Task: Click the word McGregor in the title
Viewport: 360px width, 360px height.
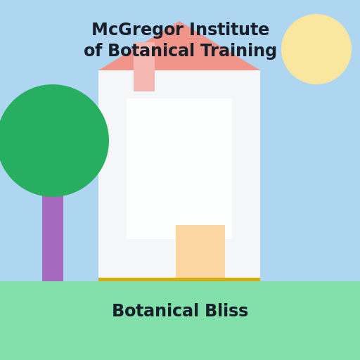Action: [x=138, y=30]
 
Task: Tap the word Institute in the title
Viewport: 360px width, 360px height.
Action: [x=229, y=30]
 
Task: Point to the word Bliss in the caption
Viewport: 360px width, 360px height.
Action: [x=226, y=311]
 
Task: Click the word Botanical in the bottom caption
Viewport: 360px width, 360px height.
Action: [x=155, y=311]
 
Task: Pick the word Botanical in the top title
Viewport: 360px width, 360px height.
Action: [x=151, y=51]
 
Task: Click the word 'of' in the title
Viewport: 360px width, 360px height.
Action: [x=93, y=51]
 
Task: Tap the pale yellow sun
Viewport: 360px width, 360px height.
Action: [x=316, y=49]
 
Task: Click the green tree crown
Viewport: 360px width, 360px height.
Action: [x=53, y=141]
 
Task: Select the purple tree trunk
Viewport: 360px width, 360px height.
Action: [x=53, y=238]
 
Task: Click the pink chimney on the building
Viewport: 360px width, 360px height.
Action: [x=144, y=67]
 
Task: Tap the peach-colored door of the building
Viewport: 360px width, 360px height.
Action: [x=200, y=251]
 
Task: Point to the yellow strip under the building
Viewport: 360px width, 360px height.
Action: [x=179, y=279]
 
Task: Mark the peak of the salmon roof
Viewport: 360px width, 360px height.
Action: [x=179, y=21]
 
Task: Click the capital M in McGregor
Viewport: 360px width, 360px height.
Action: [x=99, y=30]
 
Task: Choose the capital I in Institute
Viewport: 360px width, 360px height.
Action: [x=192, y=30]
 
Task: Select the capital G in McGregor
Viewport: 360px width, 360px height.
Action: [x=127, y=30]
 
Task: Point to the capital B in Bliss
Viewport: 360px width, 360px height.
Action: [x=211, y=311]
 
